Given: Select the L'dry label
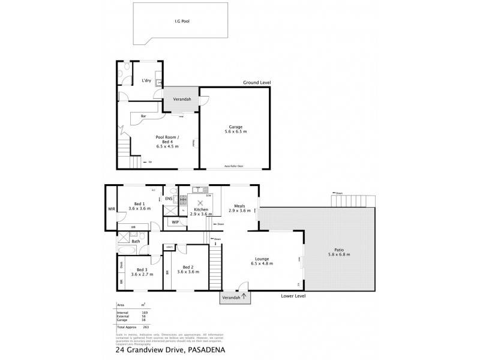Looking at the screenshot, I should pos(146,80).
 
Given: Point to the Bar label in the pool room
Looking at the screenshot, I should pos(143,116).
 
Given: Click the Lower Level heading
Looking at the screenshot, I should pos(293,296).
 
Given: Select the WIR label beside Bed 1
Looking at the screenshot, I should pos(111,209).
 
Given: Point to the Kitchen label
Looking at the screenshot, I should pos(201,209).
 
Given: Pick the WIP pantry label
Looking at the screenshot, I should pos(175,222).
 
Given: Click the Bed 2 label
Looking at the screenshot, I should pos(188,267).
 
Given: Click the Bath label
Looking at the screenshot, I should pos(136,242).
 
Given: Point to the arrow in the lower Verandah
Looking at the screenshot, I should pos(244,295).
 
